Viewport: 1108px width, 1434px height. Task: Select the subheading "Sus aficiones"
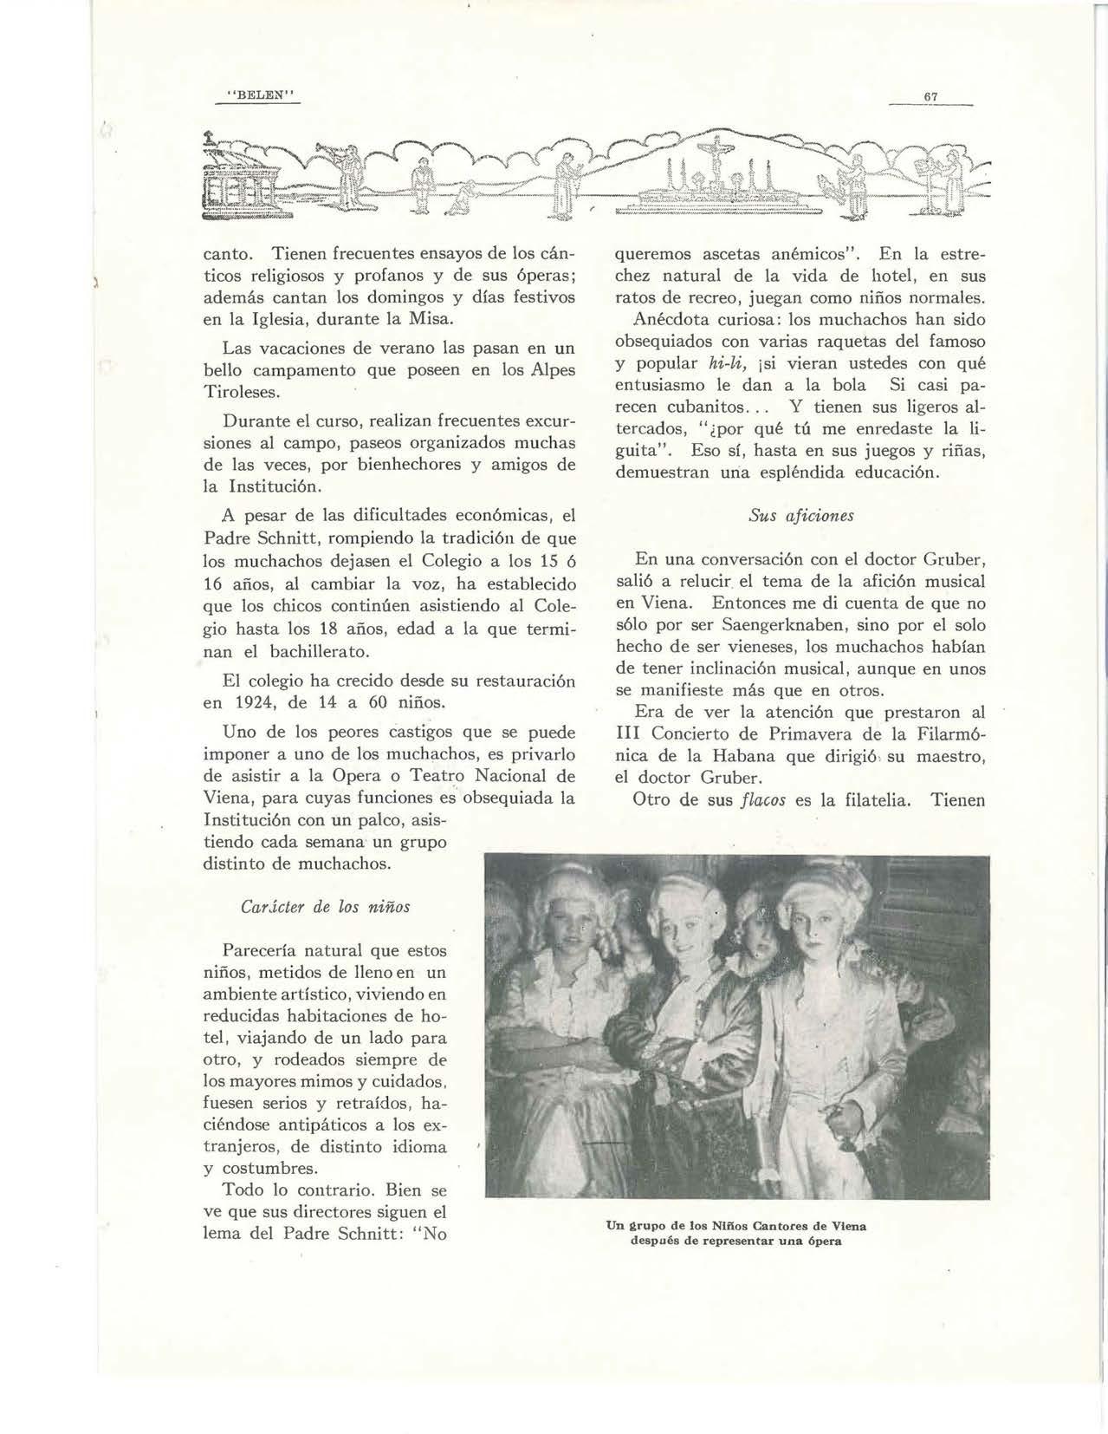point(800,516)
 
